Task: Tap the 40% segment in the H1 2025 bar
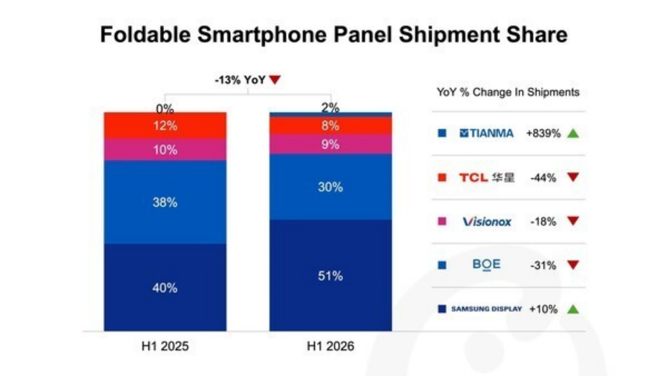tap(166, 287)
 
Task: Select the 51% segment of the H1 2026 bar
tap(330, 275)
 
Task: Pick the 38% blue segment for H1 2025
tap(166, 202)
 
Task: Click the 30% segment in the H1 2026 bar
tap(330, 187)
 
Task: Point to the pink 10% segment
tap(166, 150)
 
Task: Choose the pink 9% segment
tap(330, 145)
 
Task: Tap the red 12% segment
tap(166, 125)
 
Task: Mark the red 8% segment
tap(330, 125)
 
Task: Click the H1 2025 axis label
tap(166, 346)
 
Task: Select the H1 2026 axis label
tap(330, 346)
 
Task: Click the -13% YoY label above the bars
tap(240, 79)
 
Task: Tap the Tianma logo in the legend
tap(486, 133)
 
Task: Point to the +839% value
tap(543, 133)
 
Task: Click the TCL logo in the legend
tap(486, 177)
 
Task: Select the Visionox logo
tap(487, 222)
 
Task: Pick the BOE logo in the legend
tap(486, 265)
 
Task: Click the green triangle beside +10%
tap(573, 309)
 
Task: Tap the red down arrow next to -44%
tap(573, 177)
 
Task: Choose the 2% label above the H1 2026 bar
tap(330, 108)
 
